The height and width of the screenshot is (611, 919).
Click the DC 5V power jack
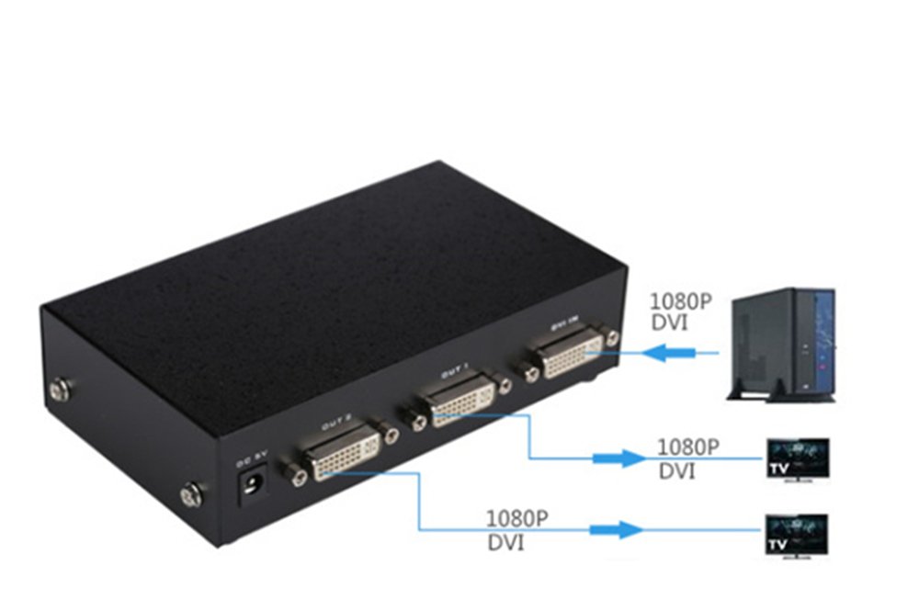tap(252, 485)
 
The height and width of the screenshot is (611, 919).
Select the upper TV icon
tap(798, 458)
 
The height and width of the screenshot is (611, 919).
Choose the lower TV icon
tap(797, 533)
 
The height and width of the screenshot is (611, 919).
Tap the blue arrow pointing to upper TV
tap(617, 458)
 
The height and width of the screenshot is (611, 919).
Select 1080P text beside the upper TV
tap(687, 447)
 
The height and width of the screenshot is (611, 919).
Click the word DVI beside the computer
tap(669, 324)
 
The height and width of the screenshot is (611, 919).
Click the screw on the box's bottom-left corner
tap(189, 496)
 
